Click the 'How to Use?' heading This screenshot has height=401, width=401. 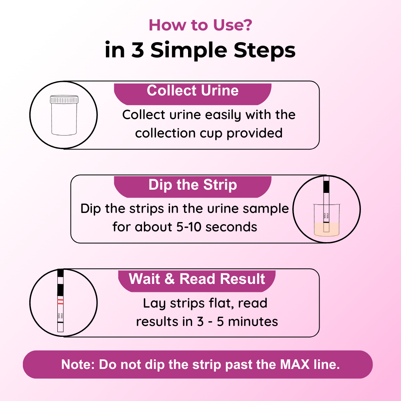(x=200, y=25)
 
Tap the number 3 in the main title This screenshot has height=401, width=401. (x=138, y=50)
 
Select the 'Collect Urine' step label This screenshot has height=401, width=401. (x=192, y=90)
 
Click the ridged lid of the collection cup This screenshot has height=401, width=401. (x=64, y=99)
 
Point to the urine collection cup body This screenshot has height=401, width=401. (x=64, y=119)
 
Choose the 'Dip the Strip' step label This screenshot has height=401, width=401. (x=192, y=184)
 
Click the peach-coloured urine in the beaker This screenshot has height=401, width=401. (x=326, y=229)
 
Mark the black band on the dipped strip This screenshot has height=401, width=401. (x=326, y=186)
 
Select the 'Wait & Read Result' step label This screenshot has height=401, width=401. (x=196, y=279)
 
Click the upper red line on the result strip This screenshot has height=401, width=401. (x=61, y=300)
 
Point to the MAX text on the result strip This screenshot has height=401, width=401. (x=61, y=316)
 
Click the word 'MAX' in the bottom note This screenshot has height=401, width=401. (x=295, y=364)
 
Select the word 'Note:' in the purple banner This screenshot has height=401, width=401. (x=78, y=364)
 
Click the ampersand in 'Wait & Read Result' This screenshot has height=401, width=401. (x=170, y=279)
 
